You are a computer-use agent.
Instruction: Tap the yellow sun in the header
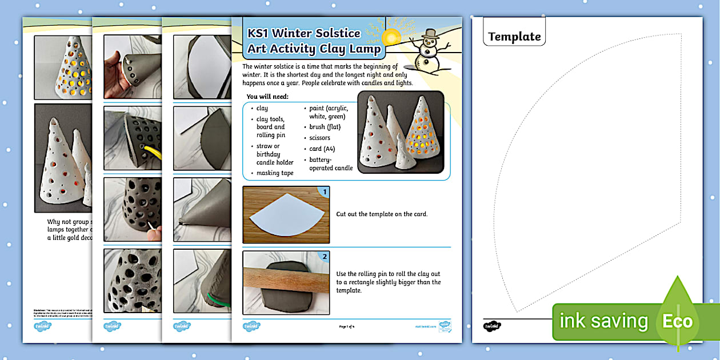click(391, 38)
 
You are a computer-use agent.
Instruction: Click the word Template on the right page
click(514, 37)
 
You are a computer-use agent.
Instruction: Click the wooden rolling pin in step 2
click(286, 282)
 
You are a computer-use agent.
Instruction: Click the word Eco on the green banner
click(677, 321)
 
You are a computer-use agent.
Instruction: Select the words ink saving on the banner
click(603, 321)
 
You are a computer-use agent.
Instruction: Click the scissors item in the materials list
click(320, 138)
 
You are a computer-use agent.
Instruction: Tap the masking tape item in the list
click(274, 173)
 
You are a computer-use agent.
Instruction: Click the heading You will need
click(267, 97)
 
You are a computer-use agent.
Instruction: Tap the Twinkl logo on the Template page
click(492, 326)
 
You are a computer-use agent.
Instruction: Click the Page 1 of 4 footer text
click(347, 326)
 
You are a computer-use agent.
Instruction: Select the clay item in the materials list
click(262, 108)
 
